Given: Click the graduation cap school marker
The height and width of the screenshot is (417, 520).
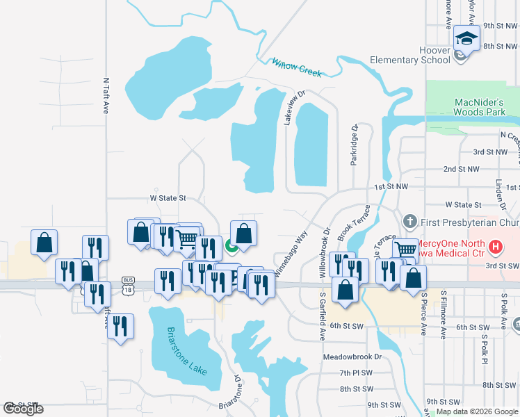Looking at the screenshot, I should click(x=466, y=39).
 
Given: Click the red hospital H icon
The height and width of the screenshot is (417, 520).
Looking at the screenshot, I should click(x=495, y=246).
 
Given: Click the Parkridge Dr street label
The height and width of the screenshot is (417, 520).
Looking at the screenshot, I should click(x=354, y=145).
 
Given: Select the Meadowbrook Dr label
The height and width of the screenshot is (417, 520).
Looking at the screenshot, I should click(x=352, y=357).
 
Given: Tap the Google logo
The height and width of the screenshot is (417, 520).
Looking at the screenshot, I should click(x=23, y=409).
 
